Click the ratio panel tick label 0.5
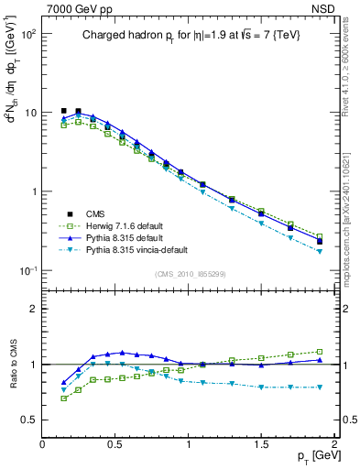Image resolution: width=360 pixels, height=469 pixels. tap(29, 420)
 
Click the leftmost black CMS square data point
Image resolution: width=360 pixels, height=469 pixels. tap(63, 111)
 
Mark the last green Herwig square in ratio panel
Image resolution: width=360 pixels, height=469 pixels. tap(320, 351)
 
